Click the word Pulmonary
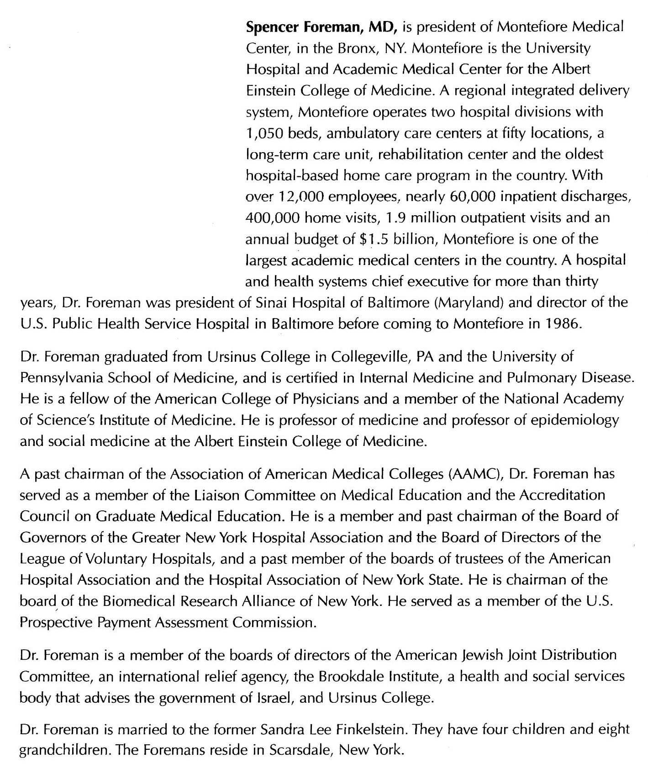[542, 378]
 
